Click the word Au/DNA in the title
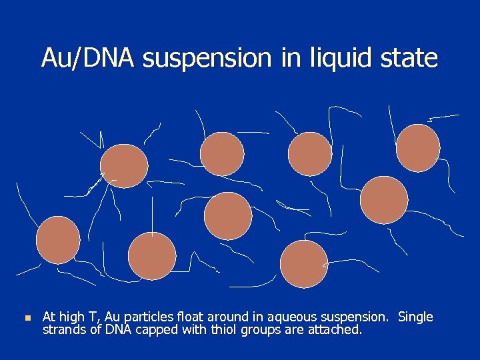pos(88,58)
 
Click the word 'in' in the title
pos(291,58)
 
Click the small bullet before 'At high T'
pos(27,318)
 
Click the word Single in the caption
pos(415,317)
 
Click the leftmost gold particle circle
pos(58,239)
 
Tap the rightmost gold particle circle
pos(418,148)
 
